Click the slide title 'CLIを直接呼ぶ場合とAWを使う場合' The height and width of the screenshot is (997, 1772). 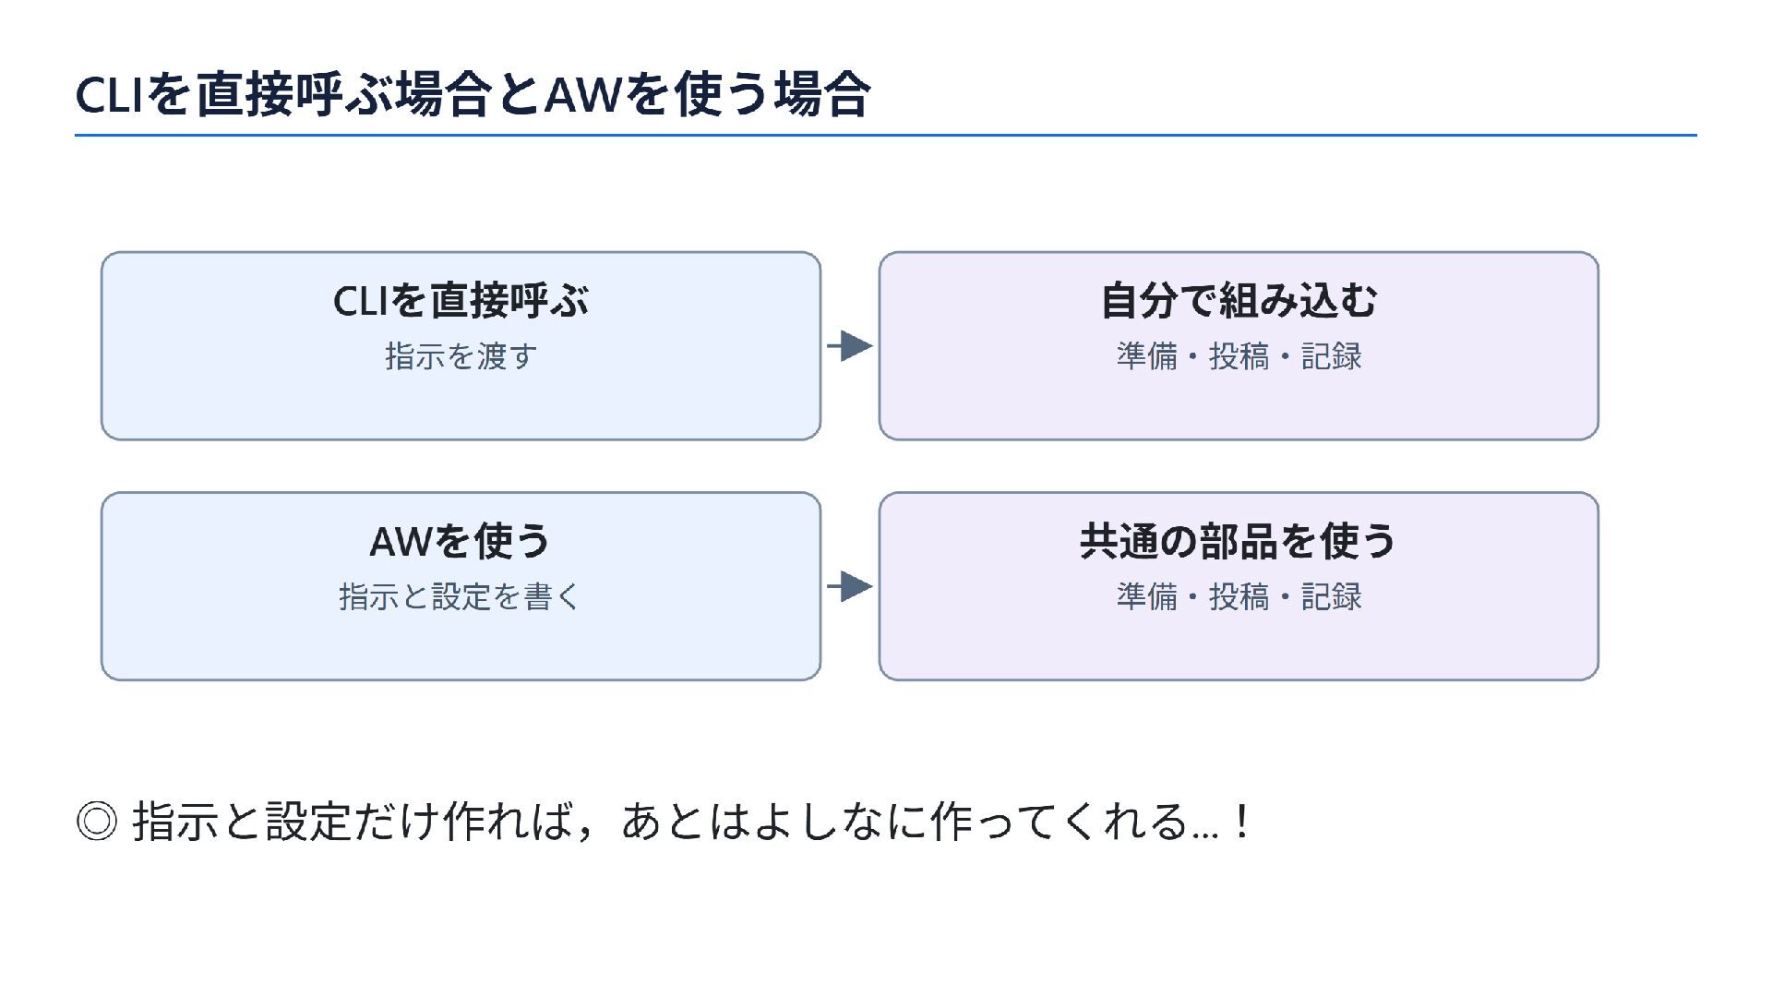[x=473, y=94]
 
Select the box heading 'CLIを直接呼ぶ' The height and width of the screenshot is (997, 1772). [x=461, y=301]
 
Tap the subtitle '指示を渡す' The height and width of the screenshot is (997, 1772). [x=461, y=356]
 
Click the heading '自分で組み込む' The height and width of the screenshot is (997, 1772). [x=1239, y=301]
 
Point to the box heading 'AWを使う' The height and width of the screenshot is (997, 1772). [x=460, y=541]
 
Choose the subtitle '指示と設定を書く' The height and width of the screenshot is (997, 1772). [x=460, y=596]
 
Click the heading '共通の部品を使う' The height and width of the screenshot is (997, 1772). [x=1238, y=541]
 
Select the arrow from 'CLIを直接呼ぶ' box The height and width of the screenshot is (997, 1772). [x=850, y=346]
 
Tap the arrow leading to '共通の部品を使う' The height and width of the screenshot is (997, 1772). [x=850, y=586]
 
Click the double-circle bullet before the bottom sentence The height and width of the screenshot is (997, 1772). [x=97, y=821]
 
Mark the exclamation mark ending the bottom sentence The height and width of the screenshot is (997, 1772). [x=1243, y=821]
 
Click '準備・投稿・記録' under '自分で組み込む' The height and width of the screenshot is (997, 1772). [x=1239, y=356]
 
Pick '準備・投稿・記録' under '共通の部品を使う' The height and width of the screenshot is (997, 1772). [x=1239, y=596]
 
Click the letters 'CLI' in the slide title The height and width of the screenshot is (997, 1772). [x=109, y=95]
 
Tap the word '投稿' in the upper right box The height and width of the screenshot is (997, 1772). [x=1239, y=356]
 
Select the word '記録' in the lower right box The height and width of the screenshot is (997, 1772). [x=1332, y=596]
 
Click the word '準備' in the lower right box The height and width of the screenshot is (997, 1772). [x=1147, y=596]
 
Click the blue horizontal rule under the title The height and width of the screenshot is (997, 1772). [x=886, y=136]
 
